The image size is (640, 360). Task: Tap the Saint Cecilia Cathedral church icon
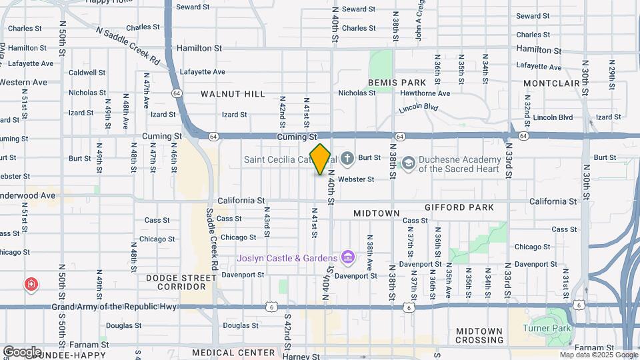pyautogui.click(x=347, y=159)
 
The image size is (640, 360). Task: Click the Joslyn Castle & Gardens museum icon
pyautogui.click(x=347, y=257)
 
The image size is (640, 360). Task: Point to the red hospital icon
pyautogui.click(x=31, y=285)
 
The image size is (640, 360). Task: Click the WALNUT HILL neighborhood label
pyautogui.click(x=233, y=94)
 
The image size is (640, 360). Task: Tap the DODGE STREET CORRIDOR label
pyautogui.click(x=181, y=281)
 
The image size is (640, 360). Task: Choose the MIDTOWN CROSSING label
pyautogui.click(x=479, y=335)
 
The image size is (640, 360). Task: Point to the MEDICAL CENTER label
pyautogui.click(x=233, y=352)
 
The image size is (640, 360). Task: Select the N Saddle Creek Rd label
pyautogui.click(x=128, y=46)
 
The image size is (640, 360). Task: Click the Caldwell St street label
pyautogui.click(x=87, y=72)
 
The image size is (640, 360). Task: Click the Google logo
pyautogui.click(x=22, y=352)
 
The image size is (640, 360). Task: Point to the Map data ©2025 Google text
pyautogui.click(x=598, y=355)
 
